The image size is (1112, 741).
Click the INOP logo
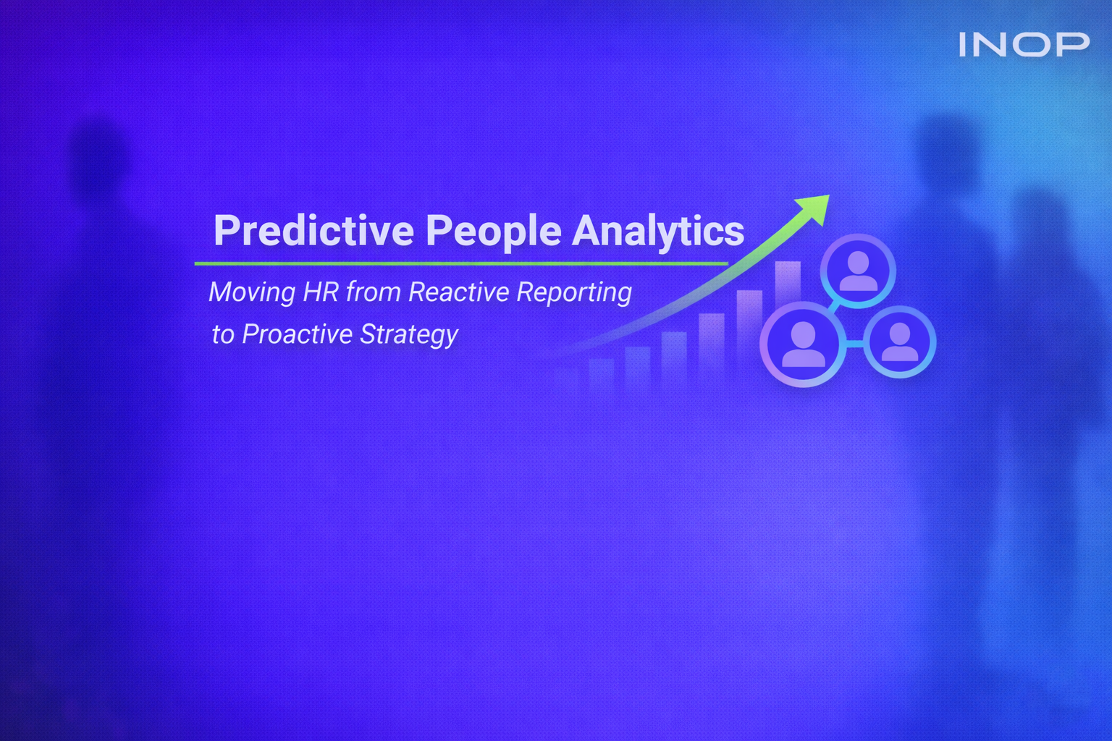pyautogui.click(x=1024, y=45)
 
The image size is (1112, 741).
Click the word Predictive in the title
pyautogui.click(x=313, y=231)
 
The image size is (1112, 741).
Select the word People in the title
pyautogui.click(x=493, y=232)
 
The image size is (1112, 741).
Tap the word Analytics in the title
pyautogui.click(x=658, y=232)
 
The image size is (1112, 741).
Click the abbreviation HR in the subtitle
pyautogui.click(x=321, y=292)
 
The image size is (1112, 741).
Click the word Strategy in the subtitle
pyautogui.click(x=409, y=335)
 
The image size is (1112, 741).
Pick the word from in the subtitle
pyautogui.click(x=374, y=292)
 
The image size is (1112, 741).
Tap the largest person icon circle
pyautogui.click(x=803, y=344)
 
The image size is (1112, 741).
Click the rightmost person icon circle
pyautogui.click(x=900, y=342)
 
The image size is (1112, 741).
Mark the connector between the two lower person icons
pyautogui.click(x=854, y=344)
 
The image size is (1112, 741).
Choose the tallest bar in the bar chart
pyautogui.click(x=788, y=286)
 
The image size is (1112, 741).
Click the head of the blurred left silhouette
pyautogui.click(x=98, y=156)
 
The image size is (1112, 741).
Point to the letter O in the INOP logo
pyautogui.click(x=1027, y=45)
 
